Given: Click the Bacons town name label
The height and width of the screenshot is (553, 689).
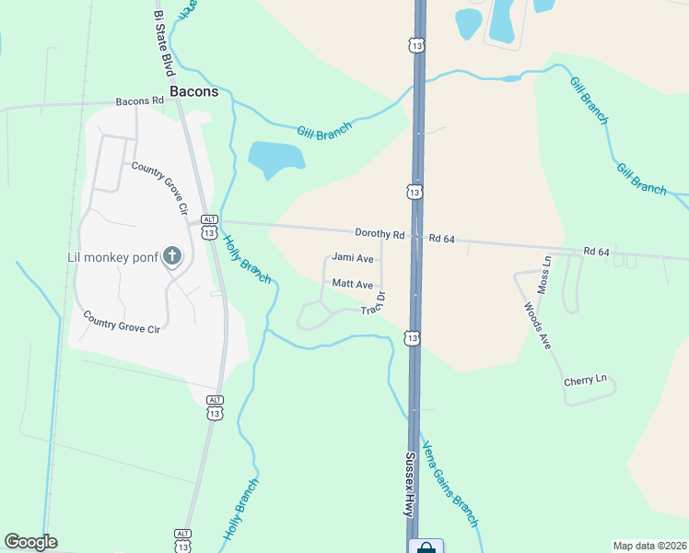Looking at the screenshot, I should tap(193, 92).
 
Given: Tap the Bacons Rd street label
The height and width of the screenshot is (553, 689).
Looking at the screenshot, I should tap(138, 101).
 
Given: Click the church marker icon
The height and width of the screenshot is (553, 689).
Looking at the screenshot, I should tap(171, 257).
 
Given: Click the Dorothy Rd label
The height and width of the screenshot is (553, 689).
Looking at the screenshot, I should tap(380, 234).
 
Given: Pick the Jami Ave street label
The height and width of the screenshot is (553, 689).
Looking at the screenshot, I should tap(353, 258).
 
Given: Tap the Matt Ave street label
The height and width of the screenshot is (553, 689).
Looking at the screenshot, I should tap(353, 285).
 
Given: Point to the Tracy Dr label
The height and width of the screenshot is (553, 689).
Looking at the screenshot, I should tap(373, 303).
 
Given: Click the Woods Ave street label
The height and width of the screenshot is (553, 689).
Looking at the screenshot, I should tap(537, 325).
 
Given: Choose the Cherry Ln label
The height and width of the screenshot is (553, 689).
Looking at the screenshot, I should tap(587, 380).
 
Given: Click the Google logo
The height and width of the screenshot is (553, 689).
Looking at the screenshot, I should tap(30, 542).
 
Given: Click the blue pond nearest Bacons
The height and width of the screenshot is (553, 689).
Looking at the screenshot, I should tap(275, 158).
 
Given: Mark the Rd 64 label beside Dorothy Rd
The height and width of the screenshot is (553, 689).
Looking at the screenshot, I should tap(442, 239).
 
